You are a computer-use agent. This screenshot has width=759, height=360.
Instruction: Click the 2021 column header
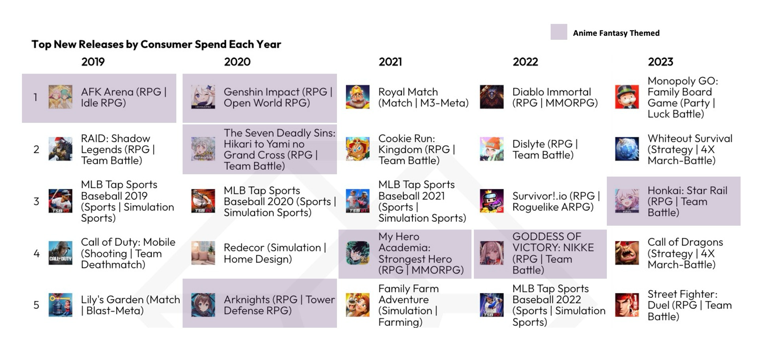pyautogui.click(x=390, y=62)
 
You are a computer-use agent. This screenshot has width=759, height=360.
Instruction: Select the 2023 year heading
pyautogui.click(x=660, y=62)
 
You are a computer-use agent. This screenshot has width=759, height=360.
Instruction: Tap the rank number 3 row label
pyautogui.click(x=36, y=201)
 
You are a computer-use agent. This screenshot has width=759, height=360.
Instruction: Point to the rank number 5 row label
pyautogui.click(x=36, y=305)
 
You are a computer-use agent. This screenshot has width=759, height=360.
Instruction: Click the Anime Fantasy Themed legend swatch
pyautogui.click(x=559, y=32)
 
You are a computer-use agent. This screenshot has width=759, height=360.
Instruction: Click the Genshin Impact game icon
pyautogui.click(x=203, y=97)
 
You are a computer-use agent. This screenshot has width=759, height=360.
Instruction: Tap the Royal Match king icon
pyautogui.click(x=357, y=97)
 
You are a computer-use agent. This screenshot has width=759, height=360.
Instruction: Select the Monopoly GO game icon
pyautogui.click(x=627, y=97)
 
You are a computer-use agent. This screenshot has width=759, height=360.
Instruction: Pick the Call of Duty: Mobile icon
pyautogui.click(x=60, y=253)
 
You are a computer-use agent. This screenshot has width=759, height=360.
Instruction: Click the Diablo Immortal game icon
pyautogui.click(x=491, y=97)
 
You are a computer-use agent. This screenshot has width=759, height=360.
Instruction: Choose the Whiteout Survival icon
pyautogui.click(x=627, y=149)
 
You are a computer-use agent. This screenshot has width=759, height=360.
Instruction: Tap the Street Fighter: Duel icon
pyautogui.click(x=627, y=305)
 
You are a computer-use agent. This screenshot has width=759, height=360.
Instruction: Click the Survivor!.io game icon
pyautogui.click(x=491, y=201)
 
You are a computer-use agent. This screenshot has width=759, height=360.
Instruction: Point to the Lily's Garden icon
pyautogui.click(x=60, y=305)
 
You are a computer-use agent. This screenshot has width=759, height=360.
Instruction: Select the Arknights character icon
pyautogui.click(x=203, y=305)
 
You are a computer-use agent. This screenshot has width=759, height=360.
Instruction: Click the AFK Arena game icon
pyautogui.click(x=60, y=97)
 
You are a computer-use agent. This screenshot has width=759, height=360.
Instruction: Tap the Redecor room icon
pyautogui.click(x=203, y=253)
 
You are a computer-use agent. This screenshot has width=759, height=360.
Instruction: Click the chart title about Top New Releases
pyautogui.click(x=156, y=44)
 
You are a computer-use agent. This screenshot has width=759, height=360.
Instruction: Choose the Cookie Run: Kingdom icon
pyautogui.click(x=357, y=149)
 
